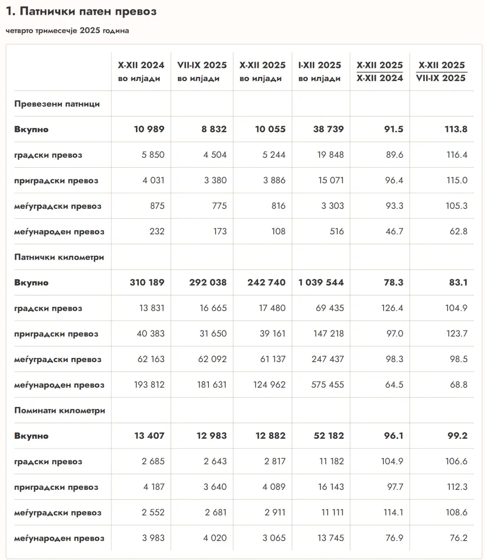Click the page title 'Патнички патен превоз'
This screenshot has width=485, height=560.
[x=81, y=12]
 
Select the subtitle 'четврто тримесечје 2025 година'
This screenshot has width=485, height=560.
[x=67, y=31]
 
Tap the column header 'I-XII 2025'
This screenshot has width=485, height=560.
[x=320, y=65]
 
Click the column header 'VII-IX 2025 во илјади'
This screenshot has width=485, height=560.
[x=202, y=72]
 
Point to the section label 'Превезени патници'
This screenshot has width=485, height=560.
[x=57, y=104]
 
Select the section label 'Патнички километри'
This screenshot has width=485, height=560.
[x=59, y=257]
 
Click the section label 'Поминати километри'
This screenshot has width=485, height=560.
[x=60, y=411]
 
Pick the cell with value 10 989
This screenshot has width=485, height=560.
[x=149, y=129]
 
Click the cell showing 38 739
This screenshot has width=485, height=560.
[x=328, y=129]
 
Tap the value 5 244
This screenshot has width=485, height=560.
[x=274, y=155]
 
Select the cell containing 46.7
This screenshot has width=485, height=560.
[x=394, y=232]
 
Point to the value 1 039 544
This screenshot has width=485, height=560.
[x=321, y=282]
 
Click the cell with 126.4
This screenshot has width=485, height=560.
[x=392, y=308]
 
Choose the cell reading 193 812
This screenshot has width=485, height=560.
[x=149, y=385]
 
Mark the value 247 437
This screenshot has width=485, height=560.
[x=328, y=359]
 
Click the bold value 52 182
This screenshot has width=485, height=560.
[x=329, y=436]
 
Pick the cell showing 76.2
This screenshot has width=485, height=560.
[x=457, y=538]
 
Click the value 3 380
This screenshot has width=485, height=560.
[x=215, y=180]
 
